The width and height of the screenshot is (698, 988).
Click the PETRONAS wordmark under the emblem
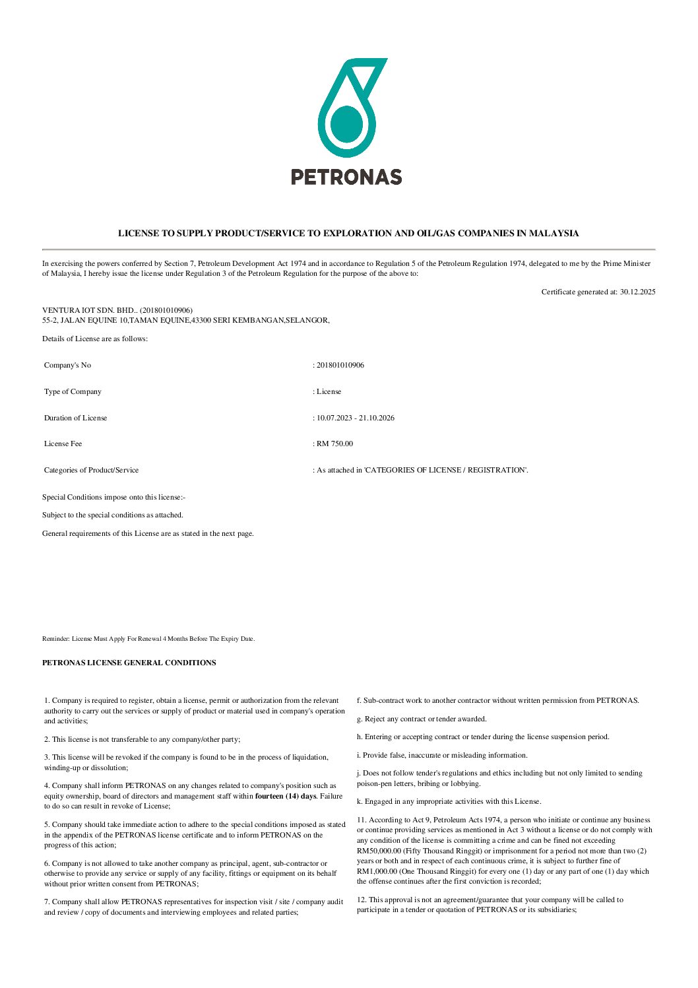(346, 177)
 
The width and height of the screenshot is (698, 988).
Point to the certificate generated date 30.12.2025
(637, 292)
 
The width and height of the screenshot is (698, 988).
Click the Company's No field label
(67, 365)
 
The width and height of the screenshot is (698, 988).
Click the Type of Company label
(73, 391)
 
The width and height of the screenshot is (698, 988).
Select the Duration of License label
(75, 418)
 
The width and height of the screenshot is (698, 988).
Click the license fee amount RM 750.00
(334, 444)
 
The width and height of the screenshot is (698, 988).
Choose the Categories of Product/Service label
(91, 470)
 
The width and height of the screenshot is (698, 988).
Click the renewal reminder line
(148, 639)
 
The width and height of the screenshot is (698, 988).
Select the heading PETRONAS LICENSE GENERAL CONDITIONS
(129, 663)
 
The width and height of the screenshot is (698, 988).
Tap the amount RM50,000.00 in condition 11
(380, 851)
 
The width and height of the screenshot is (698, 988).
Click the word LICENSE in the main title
(139, 233)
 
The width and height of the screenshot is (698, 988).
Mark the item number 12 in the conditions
(361, 900)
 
